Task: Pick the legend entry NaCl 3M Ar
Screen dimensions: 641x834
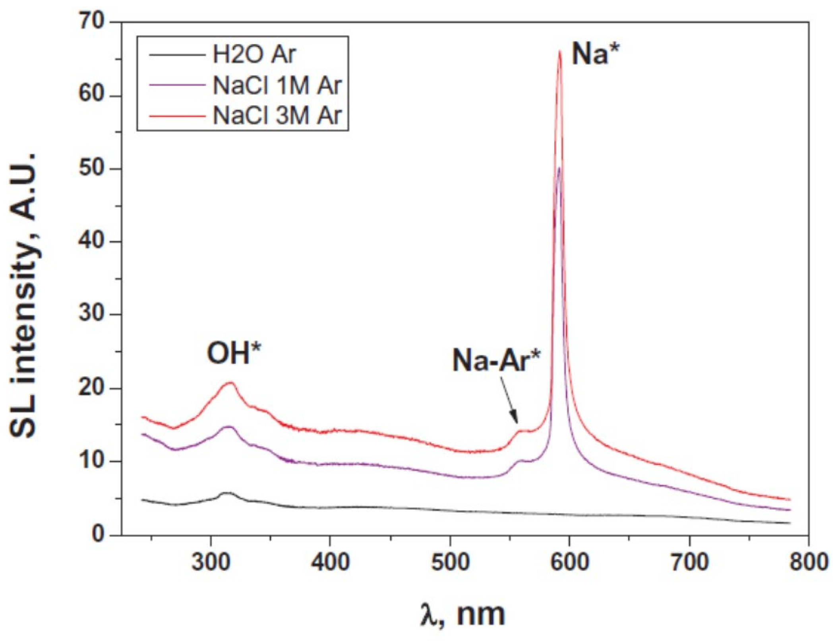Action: coord(277,115)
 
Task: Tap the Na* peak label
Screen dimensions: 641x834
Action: coord(595,54)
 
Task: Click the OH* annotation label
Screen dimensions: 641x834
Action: coord(234,353)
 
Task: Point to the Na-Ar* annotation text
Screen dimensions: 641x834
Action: coord(496,361)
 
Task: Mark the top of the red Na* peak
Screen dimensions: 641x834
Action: coord(560,51)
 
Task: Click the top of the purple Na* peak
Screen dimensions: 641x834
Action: coord(559,168)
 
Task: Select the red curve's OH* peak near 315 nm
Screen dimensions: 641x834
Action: coord(230,383)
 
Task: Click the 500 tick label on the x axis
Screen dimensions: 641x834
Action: coord(450,562)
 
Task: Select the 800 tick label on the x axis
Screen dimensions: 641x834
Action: coord(808,562)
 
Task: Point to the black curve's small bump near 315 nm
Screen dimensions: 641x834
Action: coord(226,493)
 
